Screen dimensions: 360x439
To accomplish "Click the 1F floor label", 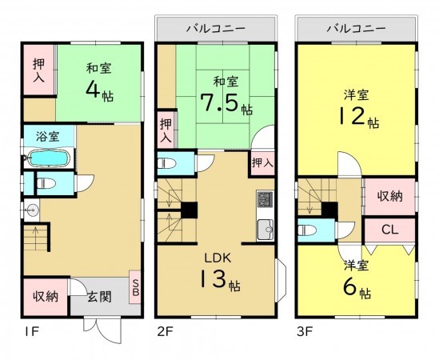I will tap(30, 329).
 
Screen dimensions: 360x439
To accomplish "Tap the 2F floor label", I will tap(166, 329).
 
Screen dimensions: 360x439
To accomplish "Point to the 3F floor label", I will tap(305, 329).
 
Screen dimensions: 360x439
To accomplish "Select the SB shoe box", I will tap(135, 286).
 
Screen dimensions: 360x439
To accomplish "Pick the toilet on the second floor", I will tap(166, 165).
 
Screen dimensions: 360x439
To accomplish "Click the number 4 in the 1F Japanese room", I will tap(94, 90).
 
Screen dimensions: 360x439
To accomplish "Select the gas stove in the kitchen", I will tap(265, 201).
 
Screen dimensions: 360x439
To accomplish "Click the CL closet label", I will tap(389, 230).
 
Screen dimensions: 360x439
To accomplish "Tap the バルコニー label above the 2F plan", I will tap(215, 28).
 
